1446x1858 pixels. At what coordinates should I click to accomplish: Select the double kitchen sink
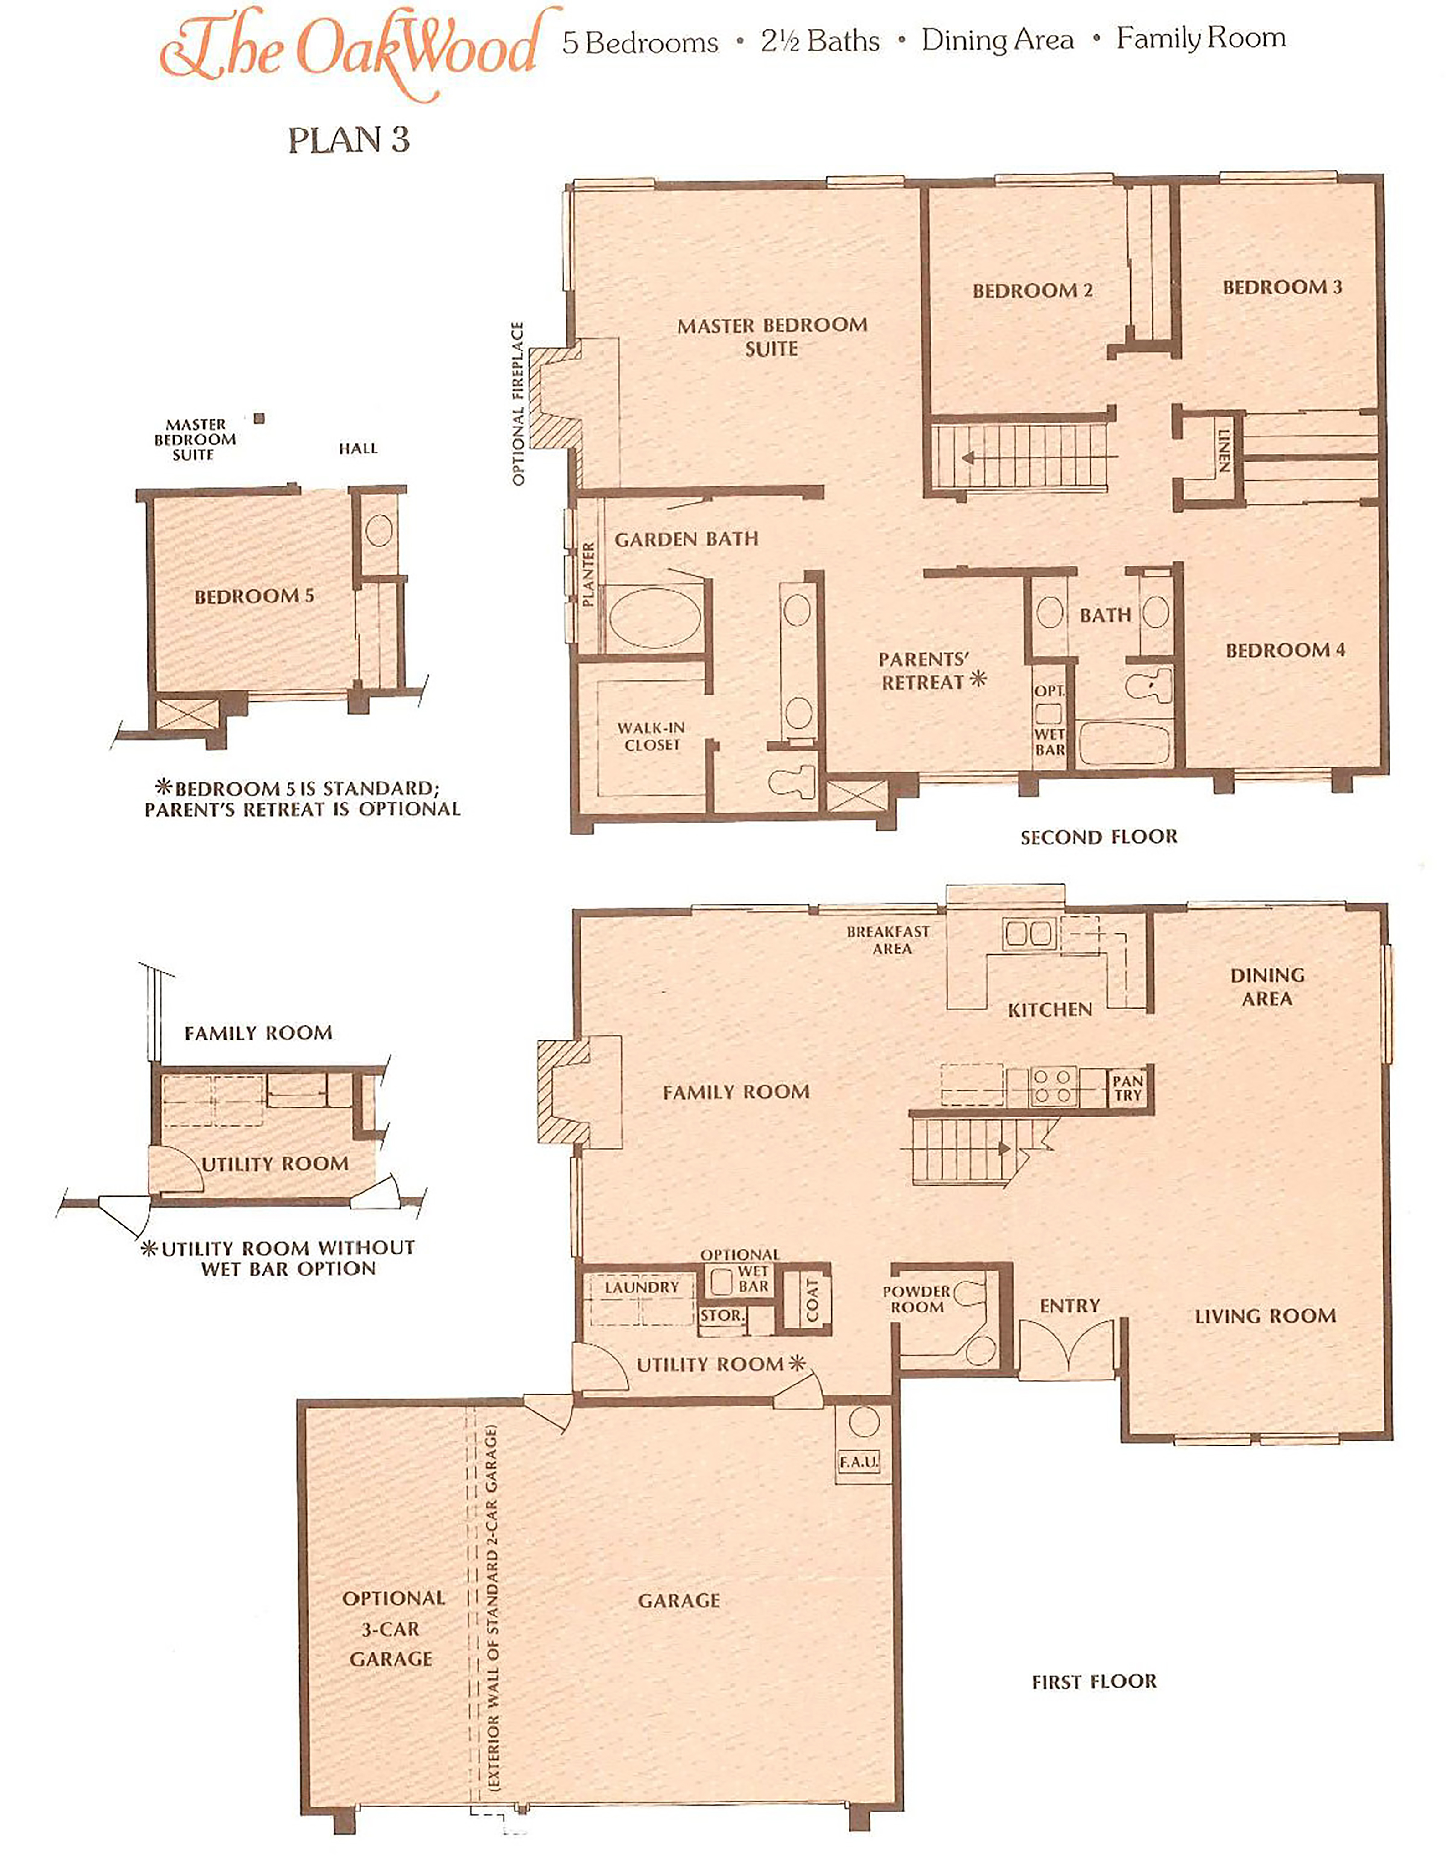coord(1029,933)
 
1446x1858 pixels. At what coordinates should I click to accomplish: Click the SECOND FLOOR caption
coord(1099,837)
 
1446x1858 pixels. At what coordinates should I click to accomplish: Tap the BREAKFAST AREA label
coord(889,940)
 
